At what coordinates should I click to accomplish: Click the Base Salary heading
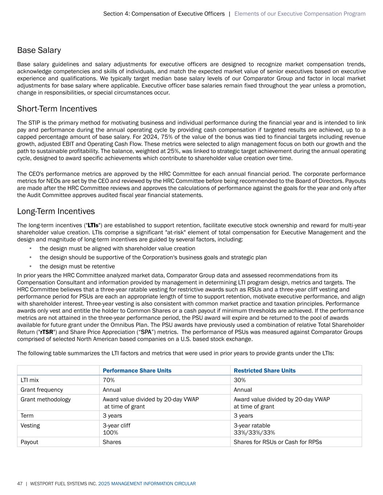39,50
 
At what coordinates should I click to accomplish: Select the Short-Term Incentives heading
57,109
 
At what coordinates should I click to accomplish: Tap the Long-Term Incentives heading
56,211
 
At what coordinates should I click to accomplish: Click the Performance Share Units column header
137,371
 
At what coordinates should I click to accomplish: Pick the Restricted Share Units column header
264,371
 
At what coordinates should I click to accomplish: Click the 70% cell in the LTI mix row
109,380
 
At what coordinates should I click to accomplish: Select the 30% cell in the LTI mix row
240,380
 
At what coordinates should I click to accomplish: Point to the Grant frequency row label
42,390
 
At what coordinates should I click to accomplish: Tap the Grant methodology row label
46,399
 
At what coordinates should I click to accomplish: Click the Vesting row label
30,425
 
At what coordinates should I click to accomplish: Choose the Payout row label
29,442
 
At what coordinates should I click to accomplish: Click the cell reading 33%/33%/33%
254,432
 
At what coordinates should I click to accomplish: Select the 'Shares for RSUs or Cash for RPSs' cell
278,442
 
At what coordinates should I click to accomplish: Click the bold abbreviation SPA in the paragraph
146,332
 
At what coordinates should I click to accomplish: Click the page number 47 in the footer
20,484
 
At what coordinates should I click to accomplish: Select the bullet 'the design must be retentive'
77,267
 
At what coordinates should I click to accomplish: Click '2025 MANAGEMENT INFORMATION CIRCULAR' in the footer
147,484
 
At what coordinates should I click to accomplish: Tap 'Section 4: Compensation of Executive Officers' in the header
164,14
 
